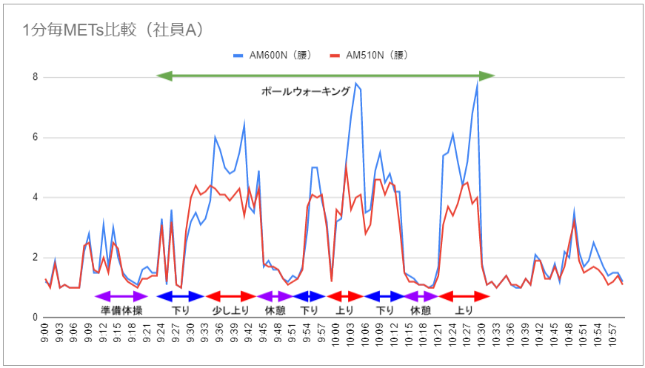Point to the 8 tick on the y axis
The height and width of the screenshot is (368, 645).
point(36,77)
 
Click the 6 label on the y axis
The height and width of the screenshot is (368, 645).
point(36,137)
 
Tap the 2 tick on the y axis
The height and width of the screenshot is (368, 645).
point(36,258)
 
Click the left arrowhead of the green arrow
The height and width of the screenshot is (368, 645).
point(164,76)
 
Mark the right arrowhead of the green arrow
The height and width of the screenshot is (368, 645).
point(487,76)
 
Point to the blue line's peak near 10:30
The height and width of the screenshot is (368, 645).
point(478,82)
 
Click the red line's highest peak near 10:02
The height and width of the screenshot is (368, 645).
point(346,167)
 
